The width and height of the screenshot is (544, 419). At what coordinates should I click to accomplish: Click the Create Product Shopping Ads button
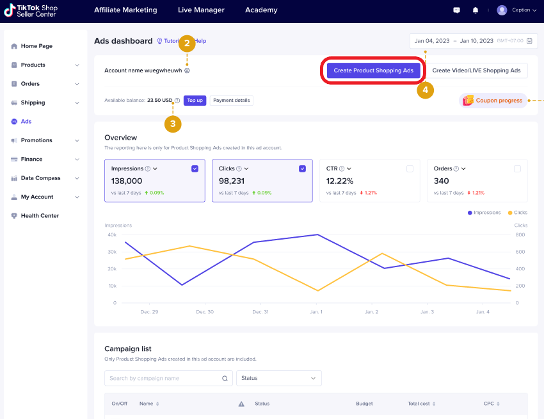pos(374,70)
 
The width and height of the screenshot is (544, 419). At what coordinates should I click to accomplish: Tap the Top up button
pos(195,101)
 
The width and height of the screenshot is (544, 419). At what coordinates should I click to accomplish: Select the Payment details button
pos(231,101)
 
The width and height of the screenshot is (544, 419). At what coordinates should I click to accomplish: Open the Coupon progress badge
pos(493,101)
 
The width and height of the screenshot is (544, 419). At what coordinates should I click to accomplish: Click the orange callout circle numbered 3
pos(172,124)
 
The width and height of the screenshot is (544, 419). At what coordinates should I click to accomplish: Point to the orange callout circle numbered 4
pos(425,90)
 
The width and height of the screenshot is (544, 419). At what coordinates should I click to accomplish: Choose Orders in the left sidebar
pos(30,84)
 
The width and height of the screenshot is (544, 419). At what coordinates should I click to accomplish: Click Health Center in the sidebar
pos(40,216)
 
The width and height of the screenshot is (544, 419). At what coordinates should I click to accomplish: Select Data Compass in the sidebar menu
pos(40,178)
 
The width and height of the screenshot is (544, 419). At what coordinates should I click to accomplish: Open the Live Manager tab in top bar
pos(201,10)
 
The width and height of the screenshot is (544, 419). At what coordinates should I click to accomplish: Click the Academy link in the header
pos(261,10)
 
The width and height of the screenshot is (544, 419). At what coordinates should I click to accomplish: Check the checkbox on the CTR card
pos(410,168)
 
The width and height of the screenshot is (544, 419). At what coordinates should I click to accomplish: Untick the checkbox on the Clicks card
pos(302,168)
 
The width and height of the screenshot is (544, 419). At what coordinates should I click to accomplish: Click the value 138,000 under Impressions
pos(127,181)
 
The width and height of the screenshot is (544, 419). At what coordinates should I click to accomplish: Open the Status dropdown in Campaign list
pos(278,378)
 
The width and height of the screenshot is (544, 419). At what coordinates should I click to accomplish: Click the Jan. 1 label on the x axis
pos(316,312)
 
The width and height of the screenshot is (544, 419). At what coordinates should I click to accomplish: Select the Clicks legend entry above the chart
pos(518,213)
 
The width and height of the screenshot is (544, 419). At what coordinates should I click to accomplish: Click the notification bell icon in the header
pos(475,10)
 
